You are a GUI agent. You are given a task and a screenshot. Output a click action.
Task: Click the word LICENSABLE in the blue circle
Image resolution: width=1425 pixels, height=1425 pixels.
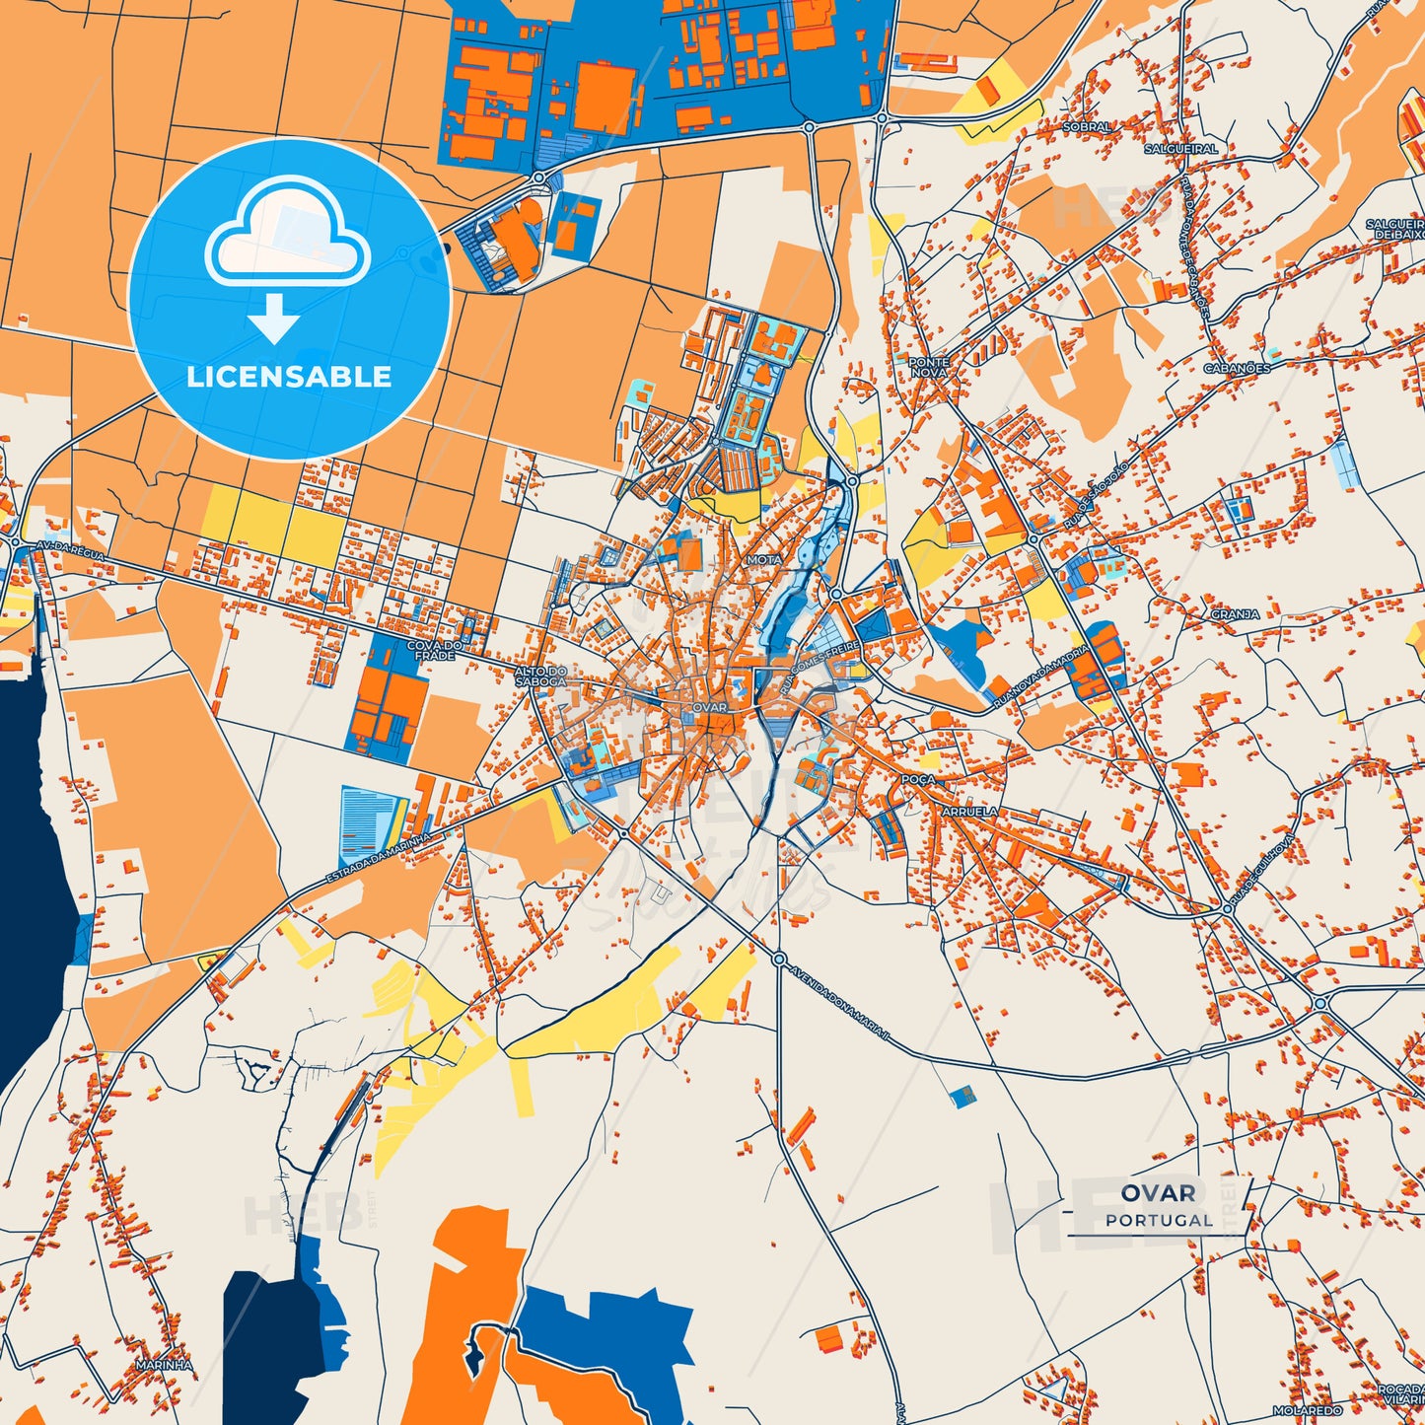[289, 377]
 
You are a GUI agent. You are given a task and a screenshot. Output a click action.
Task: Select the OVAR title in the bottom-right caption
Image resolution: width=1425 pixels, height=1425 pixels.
[1159, 1193]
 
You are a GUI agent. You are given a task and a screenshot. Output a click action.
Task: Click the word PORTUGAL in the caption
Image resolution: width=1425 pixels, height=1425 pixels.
[1159, 1221]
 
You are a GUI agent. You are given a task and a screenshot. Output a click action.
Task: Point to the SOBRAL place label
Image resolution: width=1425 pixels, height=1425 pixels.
[1087, 127]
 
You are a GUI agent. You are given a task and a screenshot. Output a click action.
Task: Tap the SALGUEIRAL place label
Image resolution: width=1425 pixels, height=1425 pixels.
[1180, 149]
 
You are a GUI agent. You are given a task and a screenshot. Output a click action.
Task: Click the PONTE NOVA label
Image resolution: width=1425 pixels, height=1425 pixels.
[928, 368]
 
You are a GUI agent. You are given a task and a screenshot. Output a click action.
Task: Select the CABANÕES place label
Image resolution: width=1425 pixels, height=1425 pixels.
[1237, 368]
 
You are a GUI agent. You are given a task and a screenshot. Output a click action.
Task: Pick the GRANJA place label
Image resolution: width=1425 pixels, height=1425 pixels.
[1235, 614]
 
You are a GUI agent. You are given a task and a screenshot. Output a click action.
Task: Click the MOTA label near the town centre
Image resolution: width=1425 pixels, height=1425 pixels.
[764, 559]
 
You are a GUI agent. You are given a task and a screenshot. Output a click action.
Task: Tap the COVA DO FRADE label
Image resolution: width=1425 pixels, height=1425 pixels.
[434, 651]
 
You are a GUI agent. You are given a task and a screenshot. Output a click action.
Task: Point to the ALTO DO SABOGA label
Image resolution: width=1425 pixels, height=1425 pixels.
[540, 677]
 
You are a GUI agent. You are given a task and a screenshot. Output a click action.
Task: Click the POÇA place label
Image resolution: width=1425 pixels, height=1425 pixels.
[917, 779]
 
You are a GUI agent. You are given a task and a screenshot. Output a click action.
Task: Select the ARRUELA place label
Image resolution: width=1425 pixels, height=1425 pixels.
[970, 812]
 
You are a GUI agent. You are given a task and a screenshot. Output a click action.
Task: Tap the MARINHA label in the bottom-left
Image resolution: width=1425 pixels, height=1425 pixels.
[164, 1365]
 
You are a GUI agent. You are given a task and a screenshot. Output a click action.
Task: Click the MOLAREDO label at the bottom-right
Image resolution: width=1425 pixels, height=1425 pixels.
[1308, 1411]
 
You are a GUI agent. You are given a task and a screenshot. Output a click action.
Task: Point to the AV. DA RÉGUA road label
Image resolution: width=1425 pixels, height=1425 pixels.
[69, 549]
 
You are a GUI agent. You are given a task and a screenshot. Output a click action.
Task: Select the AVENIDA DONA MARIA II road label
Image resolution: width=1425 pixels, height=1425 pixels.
[838, 1003]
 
